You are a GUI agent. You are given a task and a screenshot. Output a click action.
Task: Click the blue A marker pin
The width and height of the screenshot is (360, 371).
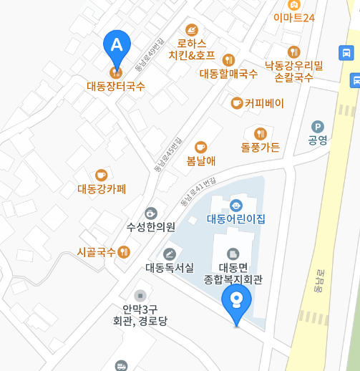coord(117,44)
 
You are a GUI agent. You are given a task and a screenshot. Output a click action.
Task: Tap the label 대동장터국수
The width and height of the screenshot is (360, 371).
coord(116,87)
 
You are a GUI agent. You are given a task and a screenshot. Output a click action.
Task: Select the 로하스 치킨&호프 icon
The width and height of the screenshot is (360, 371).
coord(192,29)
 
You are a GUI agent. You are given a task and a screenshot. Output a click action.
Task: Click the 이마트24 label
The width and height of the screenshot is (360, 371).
coord(293,17)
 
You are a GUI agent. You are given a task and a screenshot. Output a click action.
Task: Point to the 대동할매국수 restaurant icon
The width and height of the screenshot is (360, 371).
coord(228,59)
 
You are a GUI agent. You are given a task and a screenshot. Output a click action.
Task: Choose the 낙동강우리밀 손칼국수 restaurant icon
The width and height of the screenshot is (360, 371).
coord(293,52)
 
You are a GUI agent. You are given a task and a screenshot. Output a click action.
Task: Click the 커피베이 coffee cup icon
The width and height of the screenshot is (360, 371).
coord(236,103)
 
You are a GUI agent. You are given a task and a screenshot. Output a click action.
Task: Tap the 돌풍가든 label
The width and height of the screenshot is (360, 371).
coord(261,148)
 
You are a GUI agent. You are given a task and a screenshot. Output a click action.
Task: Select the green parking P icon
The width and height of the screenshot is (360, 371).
coord(317,127)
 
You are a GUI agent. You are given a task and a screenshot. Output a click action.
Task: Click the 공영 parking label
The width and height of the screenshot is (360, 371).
coord(317,140)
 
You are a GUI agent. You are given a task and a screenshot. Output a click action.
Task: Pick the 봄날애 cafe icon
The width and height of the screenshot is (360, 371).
coord(200,147)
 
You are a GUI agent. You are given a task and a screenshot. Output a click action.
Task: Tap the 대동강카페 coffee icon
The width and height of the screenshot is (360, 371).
coord(101,175)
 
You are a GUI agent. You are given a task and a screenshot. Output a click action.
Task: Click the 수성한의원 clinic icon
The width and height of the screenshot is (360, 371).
coord(150,213)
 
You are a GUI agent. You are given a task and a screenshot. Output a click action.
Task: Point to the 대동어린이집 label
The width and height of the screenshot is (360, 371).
coord(236,218)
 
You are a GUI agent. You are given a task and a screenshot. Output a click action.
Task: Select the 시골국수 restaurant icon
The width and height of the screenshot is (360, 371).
coord(125,251)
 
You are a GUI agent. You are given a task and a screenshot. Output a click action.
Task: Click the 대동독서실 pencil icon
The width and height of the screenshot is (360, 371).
coord(169,254)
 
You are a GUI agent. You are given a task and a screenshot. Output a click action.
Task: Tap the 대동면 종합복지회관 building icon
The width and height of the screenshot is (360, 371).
coord(233,254)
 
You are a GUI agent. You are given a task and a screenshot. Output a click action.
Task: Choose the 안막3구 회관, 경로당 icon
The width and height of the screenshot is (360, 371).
coord(140,294)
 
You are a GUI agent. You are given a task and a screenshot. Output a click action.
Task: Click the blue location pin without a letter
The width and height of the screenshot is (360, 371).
coord(236,304)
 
